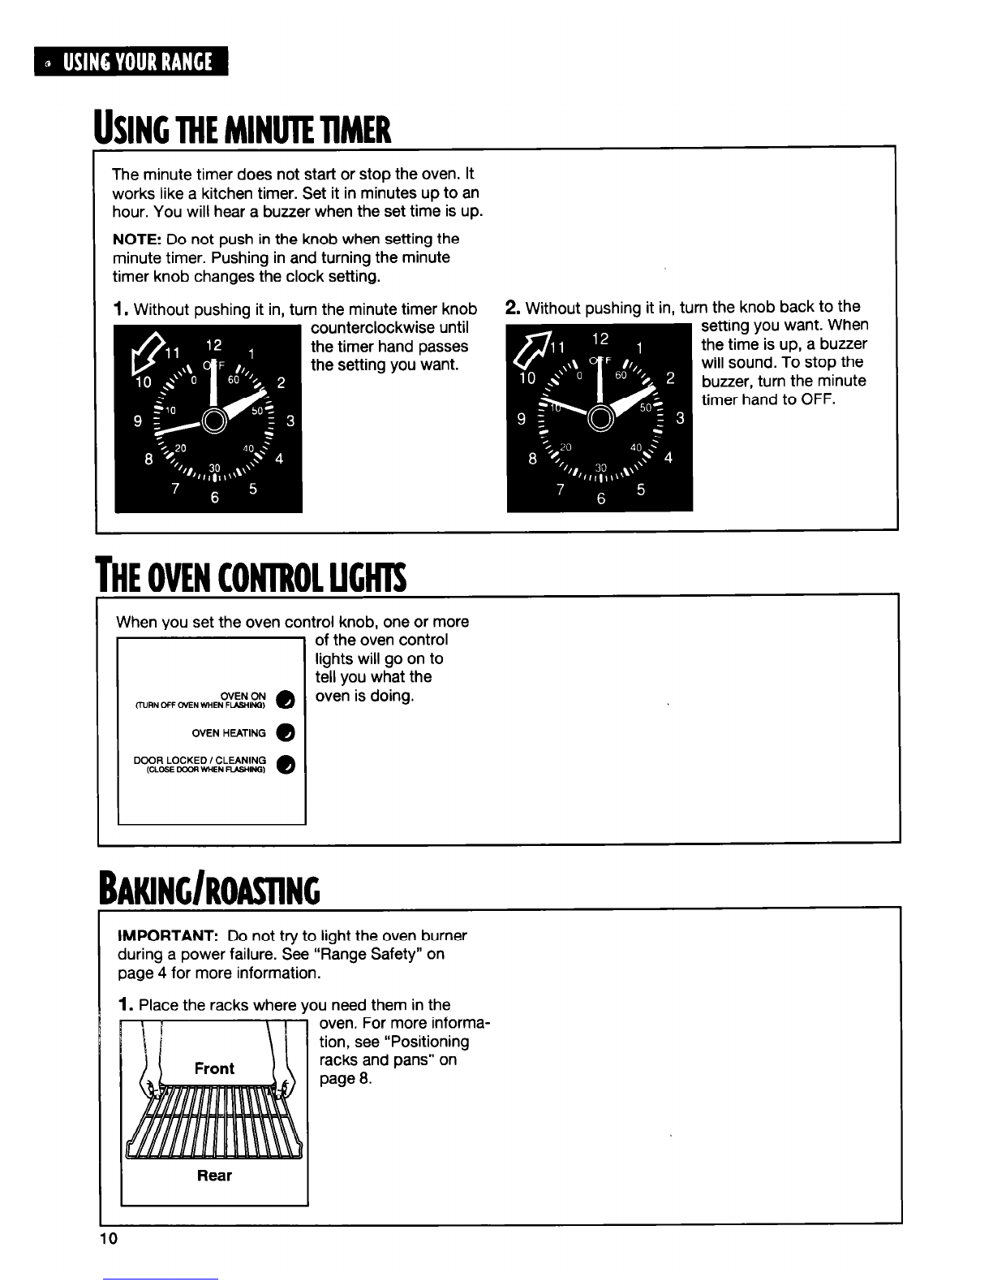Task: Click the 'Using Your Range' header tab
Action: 131,61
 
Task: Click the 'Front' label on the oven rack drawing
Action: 214,1068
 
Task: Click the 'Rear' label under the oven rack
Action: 214,1175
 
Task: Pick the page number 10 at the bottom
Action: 109,1239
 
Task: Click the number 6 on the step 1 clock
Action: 215,498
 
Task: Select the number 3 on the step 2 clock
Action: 680,419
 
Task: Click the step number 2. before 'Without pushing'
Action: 513,307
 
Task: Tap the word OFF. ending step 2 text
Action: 817,399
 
